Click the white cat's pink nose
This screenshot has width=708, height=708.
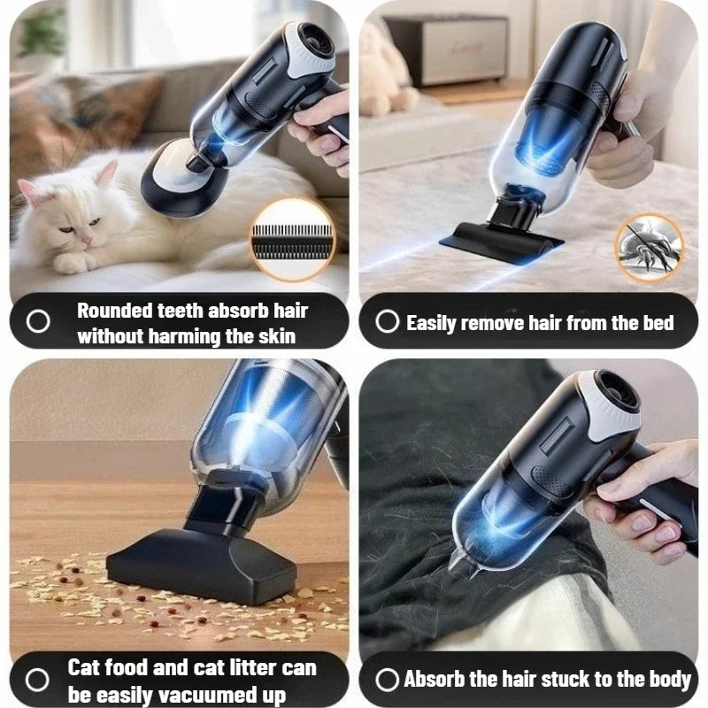[85, 242]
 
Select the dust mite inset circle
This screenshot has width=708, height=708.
[650, 248]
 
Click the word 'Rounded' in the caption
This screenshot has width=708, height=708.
[114, 311]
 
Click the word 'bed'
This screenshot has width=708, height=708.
[658, 322]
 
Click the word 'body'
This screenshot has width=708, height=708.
[670, 679]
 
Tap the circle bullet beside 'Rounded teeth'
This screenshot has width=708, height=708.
[38, 321]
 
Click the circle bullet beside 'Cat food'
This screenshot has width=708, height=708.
[37, 680]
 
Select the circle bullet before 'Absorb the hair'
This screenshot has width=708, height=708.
[387, 679]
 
